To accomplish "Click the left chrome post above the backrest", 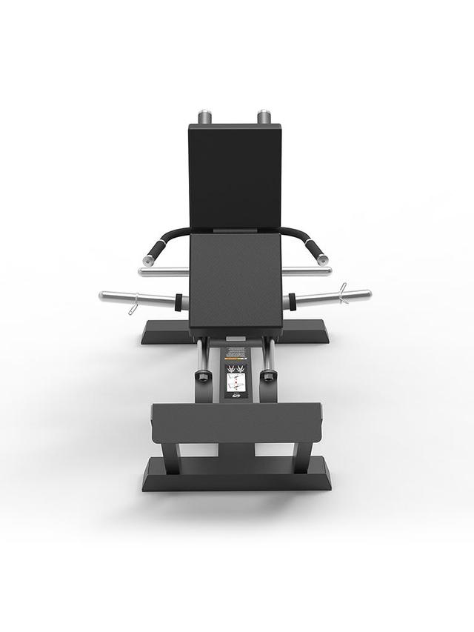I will [x=205, y=117].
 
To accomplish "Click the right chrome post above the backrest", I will [x=264, y=117].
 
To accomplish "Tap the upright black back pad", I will [x=235, y=176].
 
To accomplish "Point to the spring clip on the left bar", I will [x=133, y=305].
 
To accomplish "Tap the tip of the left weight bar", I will [x=102, y=296].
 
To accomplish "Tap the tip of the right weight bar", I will [x=367, y=294].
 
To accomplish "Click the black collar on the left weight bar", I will [x=178, y=302].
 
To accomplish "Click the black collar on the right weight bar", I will [x=293, y=302].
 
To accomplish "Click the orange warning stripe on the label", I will [x=236, y=359].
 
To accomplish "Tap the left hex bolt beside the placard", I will [x=201, y=376].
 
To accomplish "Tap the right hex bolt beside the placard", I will [x=270, y=376].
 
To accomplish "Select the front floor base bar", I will [x=236, y=474].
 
